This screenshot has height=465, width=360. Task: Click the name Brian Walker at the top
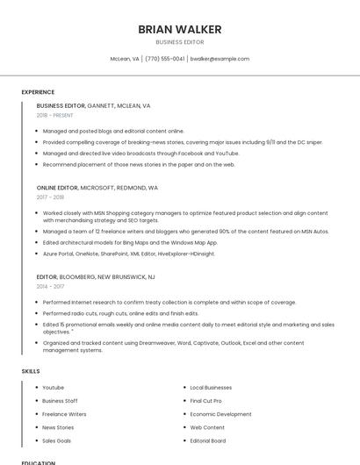tap(179, 30)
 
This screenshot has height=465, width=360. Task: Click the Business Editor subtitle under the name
tap(179, 42)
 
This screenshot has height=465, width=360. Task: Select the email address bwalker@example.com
tap(220, 59)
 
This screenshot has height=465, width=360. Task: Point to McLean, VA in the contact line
tap(124, 59)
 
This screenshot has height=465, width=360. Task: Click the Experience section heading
tap(38, 92)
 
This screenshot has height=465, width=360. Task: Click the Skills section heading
tap(31, 371)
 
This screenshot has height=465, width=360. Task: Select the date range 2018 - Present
tap(55, 115)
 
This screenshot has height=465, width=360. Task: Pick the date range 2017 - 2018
tap(51, 197)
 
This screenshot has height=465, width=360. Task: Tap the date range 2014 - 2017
tap(50, 286)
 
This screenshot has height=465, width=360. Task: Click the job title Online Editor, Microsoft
tap(97, 188)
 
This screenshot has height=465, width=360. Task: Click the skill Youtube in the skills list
tap(53, 387)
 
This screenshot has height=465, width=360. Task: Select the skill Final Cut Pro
tap(207, 400)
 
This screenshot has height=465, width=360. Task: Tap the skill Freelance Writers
tap(64, 414)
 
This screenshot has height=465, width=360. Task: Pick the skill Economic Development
tap(220, 414)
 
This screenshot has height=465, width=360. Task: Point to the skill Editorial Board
tap(207, 440)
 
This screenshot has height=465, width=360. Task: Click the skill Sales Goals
tap(56, 440)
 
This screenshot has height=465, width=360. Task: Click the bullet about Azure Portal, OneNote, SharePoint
tap(128, 254)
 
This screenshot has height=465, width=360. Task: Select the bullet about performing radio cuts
tap(120, 313)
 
